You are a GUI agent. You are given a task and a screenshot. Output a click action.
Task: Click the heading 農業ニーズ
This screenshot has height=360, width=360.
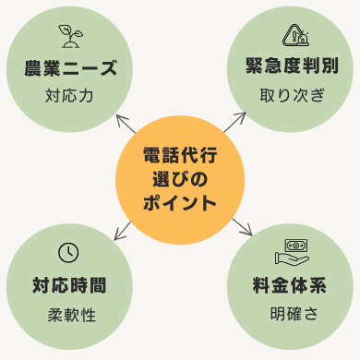71,68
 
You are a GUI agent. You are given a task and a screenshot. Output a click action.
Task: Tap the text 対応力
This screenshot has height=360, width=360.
71,95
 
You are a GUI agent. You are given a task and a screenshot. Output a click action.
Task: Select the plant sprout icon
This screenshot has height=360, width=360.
70,36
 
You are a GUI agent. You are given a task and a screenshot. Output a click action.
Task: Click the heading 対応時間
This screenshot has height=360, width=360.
71,285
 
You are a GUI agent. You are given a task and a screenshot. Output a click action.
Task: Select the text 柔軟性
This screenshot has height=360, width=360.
71,314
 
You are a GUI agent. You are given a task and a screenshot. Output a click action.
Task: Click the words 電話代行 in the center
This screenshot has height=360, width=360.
180,154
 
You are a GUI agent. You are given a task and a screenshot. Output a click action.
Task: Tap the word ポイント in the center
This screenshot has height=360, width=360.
180,202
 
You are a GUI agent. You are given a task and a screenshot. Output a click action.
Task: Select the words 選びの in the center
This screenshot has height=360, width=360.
180,178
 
